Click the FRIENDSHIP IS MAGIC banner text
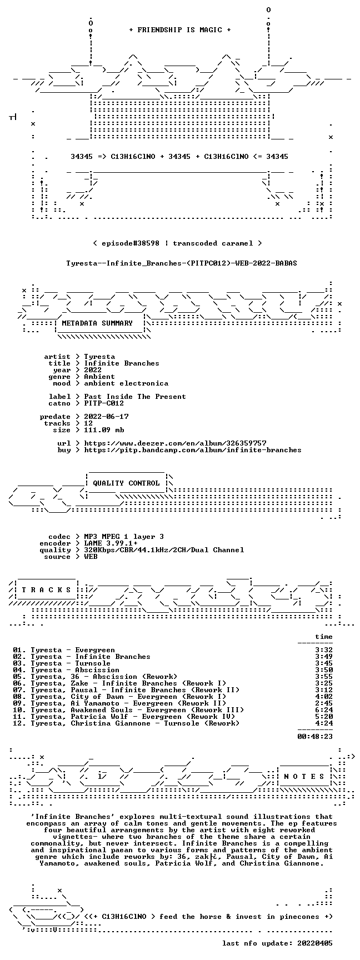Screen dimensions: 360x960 (180, 30)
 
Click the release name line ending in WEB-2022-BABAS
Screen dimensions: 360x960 (182, 263)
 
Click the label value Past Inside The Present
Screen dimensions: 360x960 (135, 397)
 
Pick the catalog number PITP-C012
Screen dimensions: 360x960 (104, 403)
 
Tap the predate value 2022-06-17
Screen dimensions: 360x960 (106, 417)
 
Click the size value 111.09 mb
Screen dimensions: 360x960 (104, 430)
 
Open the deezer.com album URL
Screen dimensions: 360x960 (175, 443)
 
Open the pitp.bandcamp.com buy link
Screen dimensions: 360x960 (193, 450)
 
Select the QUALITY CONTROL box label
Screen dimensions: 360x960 (126, 483)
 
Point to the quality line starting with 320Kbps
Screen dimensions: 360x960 (164, 550)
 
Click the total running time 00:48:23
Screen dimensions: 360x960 (315, 737)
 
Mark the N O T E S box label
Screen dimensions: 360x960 (304, 777)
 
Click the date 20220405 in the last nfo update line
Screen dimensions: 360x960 (315, 943)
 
